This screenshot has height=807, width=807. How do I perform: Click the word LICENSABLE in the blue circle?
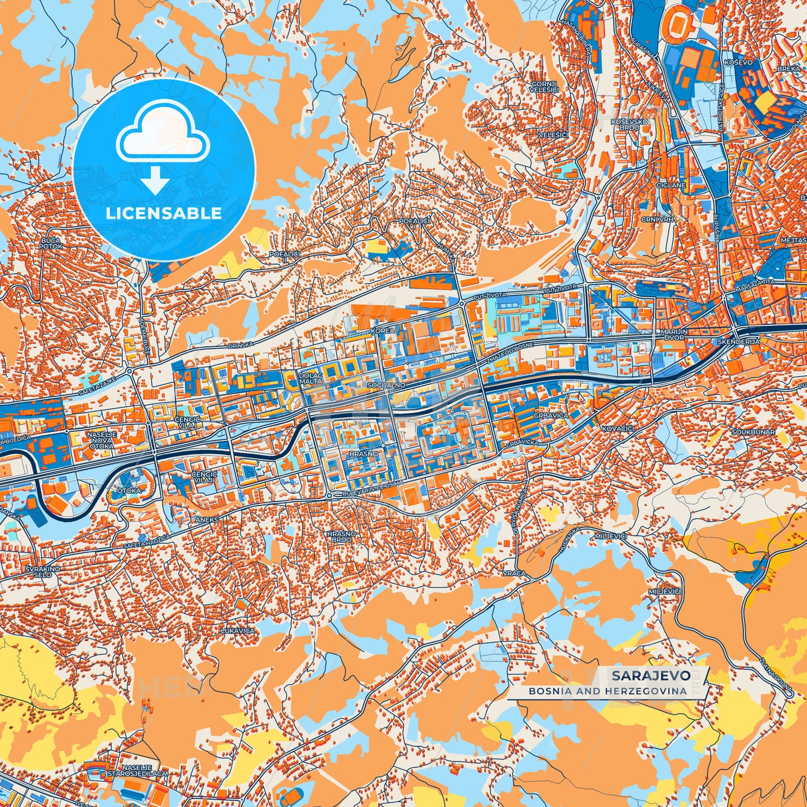point(164,213)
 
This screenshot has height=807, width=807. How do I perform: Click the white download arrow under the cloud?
point(155,179)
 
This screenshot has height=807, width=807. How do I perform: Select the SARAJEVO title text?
point(651,675)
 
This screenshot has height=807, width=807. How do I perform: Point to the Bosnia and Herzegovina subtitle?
point(608,691)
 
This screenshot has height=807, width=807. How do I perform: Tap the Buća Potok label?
point(50,243)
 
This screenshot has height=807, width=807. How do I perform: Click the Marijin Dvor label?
point(674,335)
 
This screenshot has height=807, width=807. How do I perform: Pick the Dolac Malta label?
point(311,378)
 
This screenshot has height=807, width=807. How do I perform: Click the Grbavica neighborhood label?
point(550,416)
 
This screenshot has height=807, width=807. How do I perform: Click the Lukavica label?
point(238,631)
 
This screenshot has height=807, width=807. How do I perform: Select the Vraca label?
point(513,573)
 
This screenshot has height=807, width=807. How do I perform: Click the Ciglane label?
point(671,185)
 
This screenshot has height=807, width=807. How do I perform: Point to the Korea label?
point(383,330)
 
